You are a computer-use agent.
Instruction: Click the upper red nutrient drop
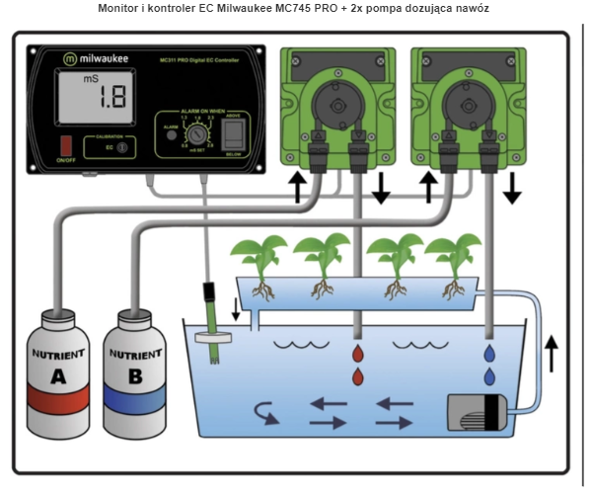click(357, 353)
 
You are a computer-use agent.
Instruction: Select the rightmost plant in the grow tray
click(453, 258)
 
